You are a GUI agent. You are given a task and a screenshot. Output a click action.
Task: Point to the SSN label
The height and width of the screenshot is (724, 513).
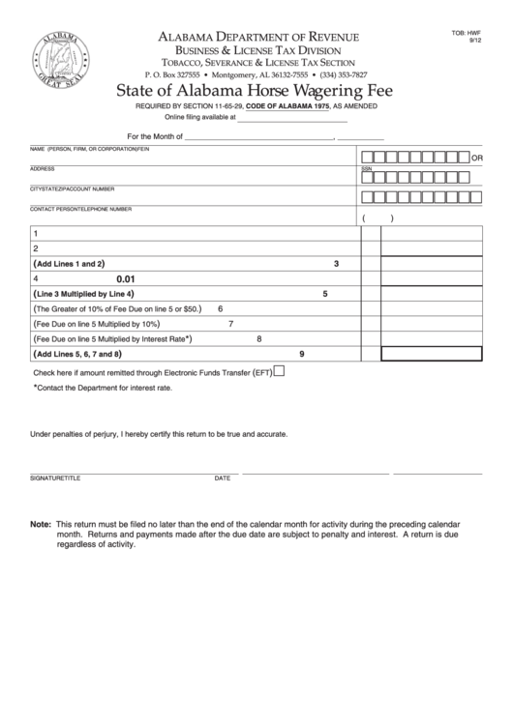click(366, 168)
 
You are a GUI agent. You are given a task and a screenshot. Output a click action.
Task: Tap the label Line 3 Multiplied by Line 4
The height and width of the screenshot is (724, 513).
click(83, 294)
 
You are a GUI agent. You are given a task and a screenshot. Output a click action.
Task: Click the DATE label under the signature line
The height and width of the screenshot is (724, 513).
click(222, 478)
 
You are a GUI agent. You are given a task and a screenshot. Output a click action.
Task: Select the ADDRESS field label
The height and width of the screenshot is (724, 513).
click(42, 168)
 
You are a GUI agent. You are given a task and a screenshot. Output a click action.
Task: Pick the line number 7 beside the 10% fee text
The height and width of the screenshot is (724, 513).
click(230, 324)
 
